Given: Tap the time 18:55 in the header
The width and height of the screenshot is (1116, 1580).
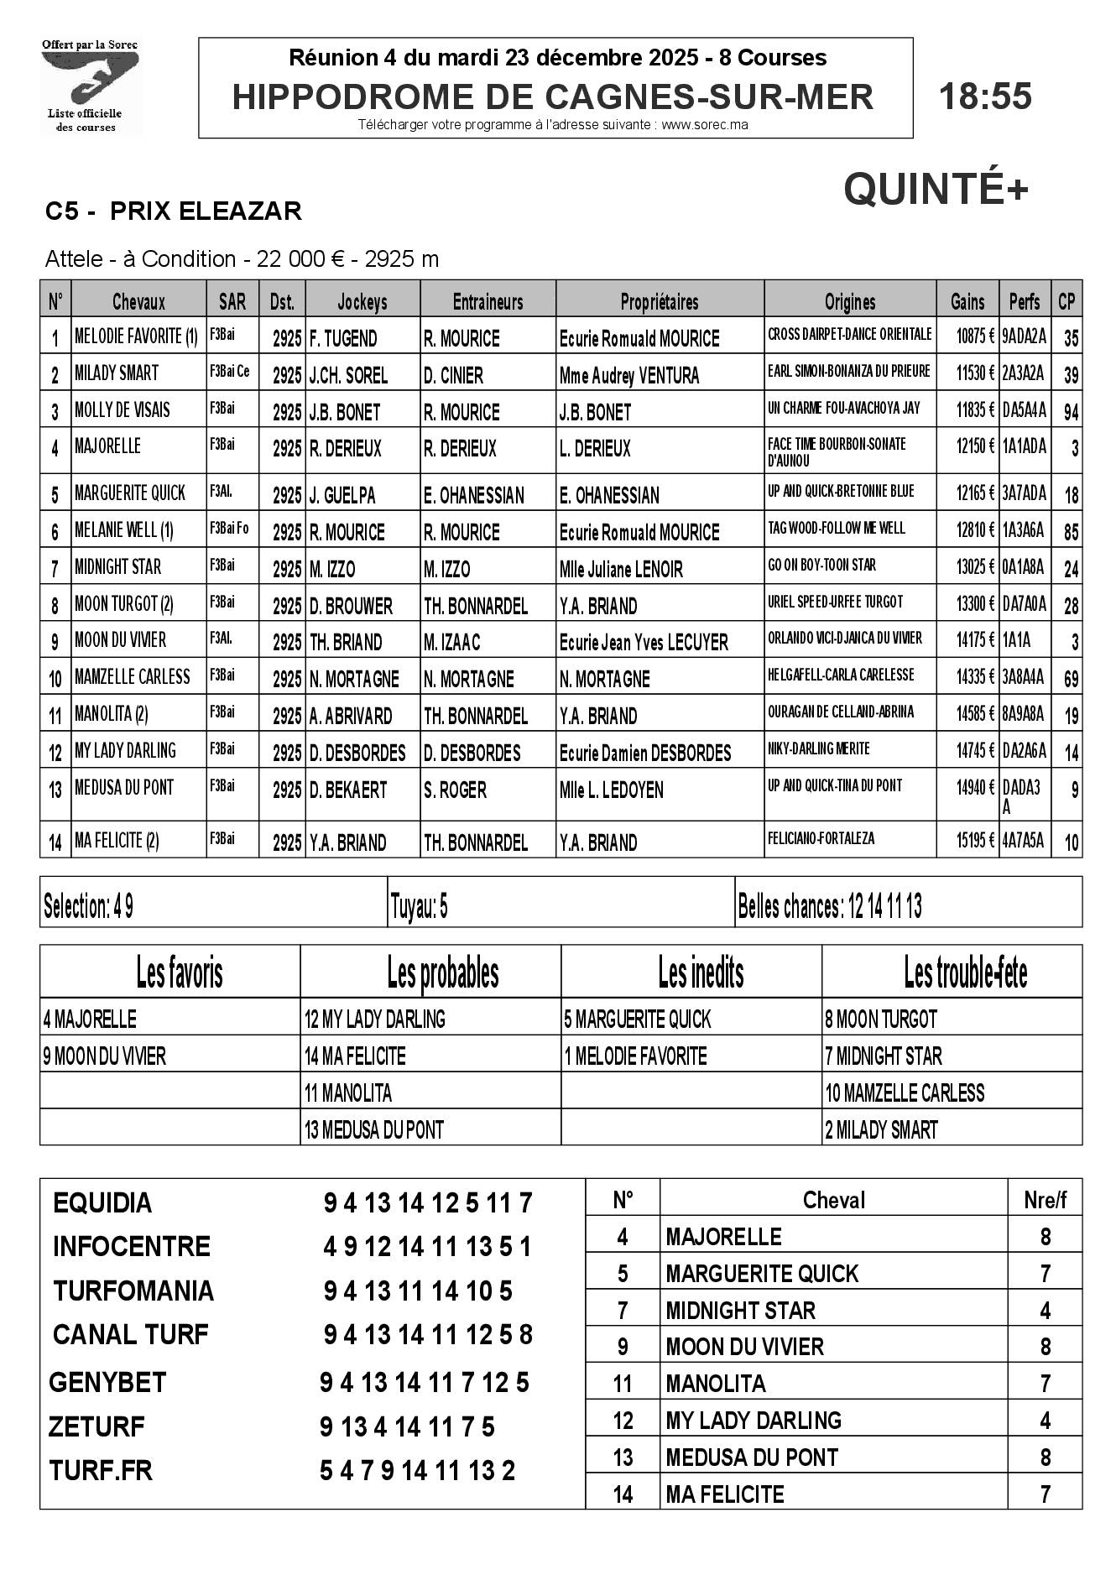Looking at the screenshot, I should pos(985,96).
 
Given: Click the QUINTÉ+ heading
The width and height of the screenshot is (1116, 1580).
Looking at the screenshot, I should pos(936,189).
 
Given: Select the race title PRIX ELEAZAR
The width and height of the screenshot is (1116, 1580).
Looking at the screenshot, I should pos(206,211).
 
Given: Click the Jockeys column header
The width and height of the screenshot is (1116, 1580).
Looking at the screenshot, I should pos(362,302).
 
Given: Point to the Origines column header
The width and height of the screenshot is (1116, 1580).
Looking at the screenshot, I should pos(849,302).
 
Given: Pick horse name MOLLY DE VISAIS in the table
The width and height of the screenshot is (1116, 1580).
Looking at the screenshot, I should pos(123,409).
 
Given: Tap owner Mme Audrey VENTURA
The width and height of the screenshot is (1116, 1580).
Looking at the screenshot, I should pos(629,376).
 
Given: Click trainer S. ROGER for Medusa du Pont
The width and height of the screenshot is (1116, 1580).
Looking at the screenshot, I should pos(455,790).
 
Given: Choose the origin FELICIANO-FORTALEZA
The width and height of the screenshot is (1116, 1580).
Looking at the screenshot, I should pos(821,838).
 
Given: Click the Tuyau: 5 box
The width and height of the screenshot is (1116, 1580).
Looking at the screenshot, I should pos(420,906).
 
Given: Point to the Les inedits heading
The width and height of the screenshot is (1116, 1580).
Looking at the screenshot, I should pos(701,973).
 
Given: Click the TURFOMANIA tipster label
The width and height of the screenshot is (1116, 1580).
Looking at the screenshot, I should pos(133,1291).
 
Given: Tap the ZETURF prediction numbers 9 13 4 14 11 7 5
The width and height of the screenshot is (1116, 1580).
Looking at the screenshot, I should pos(407,1426).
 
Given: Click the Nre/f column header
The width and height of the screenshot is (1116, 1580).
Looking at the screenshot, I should pos(1045,1200).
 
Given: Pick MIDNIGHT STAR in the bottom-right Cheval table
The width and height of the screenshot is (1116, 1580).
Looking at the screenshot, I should pos(740,1311).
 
